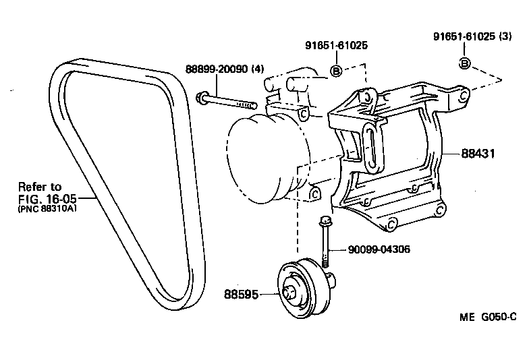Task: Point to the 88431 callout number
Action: pos(478,154)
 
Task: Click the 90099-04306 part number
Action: pos(379,249)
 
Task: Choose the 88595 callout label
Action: pos(240,294)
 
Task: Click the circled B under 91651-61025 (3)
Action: pos(464,63)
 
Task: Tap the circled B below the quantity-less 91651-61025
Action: pos(335,71)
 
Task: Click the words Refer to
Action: pos(39,187)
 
